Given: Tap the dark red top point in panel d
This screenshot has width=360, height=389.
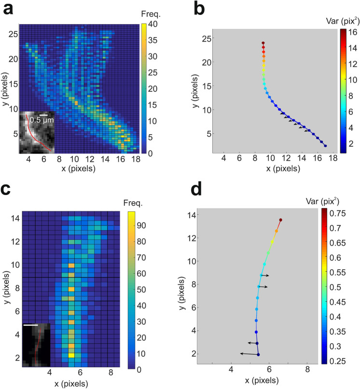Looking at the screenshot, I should click(280, 220).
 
